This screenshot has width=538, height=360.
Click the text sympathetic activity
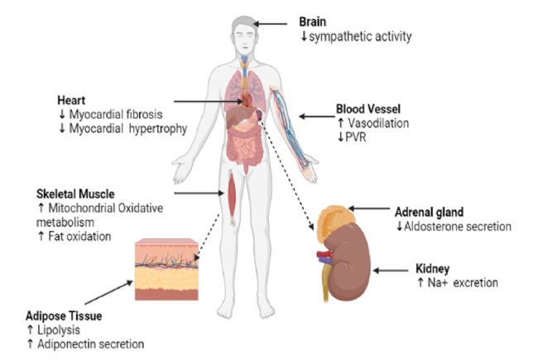point(359,36)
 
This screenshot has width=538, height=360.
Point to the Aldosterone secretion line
point(455,227)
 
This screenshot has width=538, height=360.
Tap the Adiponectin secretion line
point(91,343)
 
